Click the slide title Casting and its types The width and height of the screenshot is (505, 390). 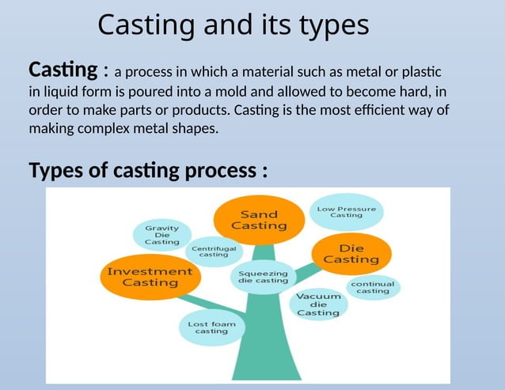[x=234, y=25]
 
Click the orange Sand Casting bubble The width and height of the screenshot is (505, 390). [x=259, y=220]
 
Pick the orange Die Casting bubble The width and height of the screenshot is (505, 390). [x=351, y=253]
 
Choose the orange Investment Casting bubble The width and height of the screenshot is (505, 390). [x=150, y=277]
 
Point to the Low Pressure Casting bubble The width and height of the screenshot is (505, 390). [x=346, y=212]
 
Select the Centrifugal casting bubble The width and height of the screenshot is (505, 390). [x=214, y=251]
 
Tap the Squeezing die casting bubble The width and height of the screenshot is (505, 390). [x=263, y=277]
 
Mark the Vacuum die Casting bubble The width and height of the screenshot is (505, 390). [x=318, y=305]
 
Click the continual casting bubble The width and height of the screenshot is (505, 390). [x=372, y=287]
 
